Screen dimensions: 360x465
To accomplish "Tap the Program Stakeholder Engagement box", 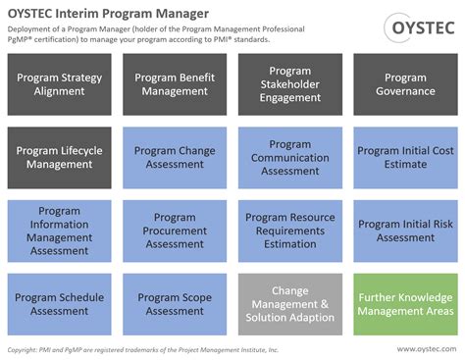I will coord(290,84).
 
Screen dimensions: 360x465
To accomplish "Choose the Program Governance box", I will coord(404,84).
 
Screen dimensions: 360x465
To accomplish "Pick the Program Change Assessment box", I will coord(176,158).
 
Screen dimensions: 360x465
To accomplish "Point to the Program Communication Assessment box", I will coord(290,158).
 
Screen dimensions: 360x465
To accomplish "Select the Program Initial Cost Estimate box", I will coord(404,158).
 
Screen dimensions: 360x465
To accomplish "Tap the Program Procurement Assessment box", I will coord(176,231).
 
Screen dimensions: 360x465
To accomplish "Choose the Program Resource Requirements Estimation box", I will coord(290,231).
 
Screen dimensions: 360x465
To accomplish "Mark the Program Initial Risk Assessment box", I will coord(404,231).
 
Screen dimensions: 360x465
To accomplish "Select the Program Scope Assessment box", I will coord(176,304).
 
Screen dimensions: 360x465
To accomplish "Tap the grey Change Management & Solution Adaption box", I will coord(290,304).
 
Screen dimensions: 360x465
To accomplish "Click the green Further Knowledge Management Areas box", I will coord(404,304).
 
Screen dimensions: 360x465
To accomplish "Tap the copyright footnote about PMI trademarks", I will coord(143,349).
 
